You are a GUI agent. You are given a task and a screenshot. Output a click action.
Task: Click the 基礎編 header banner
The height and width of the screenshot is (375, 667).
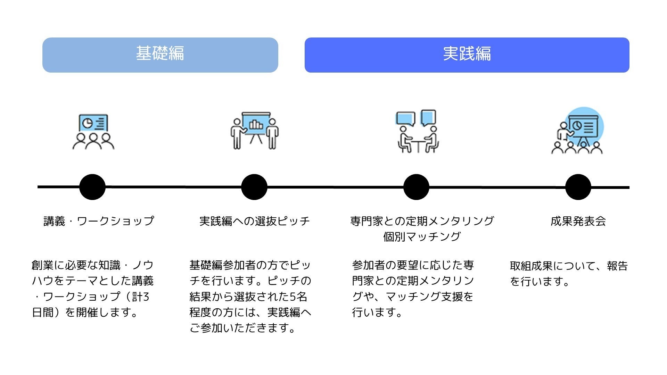point(160,55)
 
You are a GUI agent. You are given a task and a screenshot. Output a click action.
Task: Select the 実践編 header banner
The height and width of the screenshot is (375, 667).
point(467,55)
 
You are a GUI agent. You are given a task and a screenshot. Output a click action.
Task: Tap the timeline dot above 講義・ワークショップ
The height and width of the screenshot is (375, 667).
point(92,187)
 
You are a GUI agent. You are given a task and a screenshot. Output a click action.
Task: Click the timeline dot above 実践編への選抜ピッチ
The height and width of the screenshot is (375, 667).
point(254,187)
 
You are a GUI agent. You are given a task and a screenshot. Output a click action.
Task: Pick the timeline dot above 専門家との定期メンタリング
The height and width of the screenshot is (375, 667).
point(416,187)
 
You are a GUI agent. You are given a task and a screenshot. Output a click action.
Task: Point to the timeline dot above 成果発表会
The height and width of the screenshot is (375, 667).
point(578,187)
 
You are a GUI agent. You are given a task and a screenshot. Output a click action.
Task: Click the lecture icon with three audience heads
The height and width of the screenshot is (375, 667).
point(93,132)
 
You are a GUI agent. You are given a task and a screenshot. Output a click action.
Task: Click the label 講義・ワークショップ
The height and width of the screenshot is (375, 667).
point(99,221)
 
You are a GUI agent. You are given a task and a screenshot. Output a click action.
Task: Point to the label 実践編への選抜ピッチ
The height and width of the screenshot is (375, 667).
point(254,221)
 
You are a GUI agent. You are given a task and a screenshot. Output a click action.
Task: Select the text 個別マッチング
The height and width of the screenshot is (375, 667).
point(422,237)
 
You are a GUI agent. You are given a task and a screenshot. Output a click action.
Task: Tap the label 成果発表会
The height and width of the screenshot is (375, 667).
point(578,221)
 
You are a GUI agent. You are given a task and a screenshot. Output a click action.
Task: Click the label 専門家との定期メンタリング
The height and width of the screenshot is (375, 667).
point(422,221)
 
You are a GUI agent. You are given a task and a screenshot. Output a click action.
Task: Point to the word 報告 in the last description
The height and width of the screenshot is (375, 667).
point(617,266)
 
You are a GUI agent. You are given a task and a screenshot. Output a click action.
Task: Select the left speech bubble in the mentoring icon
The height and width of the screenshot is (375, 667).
point(405,118)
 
